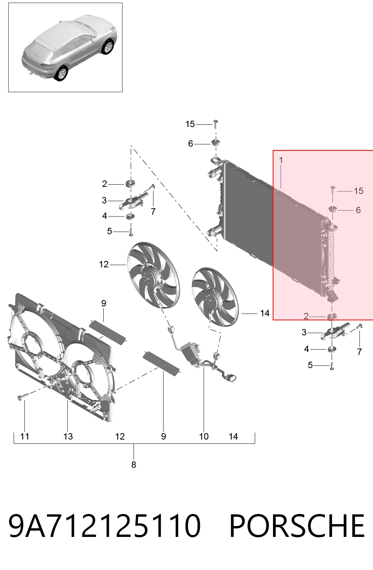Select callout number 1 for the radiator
click(x=281, y=160)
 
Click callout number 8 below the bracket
click(x=133, y=464)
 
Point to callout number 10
click(x=204, y=437)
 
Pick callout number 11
click(x=25, y=437)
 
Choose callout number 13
click(x=68, y=437)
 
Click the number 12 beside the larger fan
click(x=104, y=264)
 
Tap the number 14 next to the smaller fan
click(x=265, y=313)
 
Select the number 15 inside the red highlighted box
click(x=358, y=191)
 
